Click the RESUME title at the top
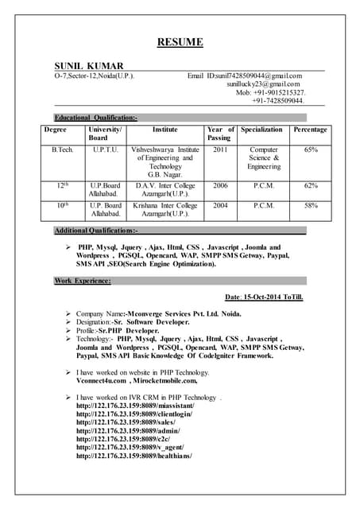pyautogui.click(x=180, y=42)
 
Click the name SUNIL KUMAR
pyautogui.click(x=88, y=64)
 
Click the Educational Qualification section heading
pyautogui.click(x=95, y=117)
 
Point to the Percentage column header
pyautogui.click(x=310, y=129)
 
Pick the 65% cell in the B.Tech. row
pyautogui.click(x=311, y=149)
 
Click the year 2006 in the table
pyautogui.click(x=220, y=185)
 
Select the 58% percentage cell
pyautogui.click(x=311, y=205)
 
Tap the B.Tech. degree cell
pyautogui.click(x=64, y=149)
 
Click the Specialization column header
pyautogui.click(x=261, y=129)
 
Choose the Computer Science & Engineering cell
pyautogui.click(x=263, y=157)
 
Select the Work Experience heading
pyautogui.click(x=83, y=281)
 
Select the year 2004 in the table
pyautogui.click(x=220, y=205)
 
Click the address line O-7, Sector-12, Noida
pyautogui.click(x=94, y=75)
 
